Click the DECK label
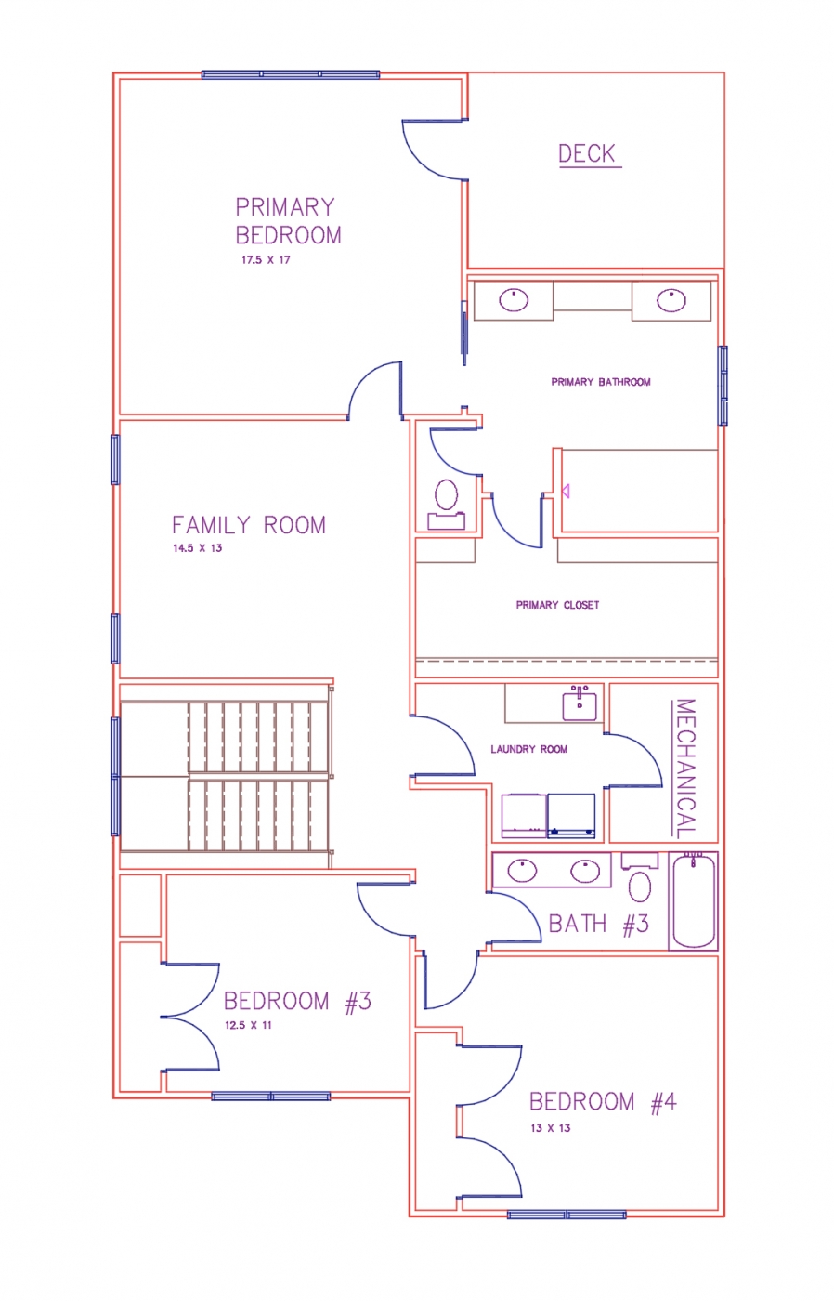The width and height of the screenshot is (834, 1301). pyautogui.click(x=586, y=154)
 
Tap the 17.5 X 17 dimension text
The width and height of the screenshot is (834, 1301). pyautogui.click(x=266, y=260)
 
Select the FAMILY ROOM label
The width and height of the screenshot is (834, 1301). pyautogui.click(x=249, y=525)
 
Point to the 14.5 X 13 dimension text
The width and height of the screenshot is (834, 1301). pyautogui.click(x=197, y=548)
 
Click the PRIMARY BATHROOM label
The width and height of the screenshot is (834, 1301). pyautogui.click(x=601, y=382)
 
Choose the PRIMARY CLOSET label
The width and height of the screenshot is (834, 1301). pyautogui.click(x=558, y=605)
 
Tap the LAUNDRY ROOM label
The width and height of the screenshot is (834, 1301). pyautogui.click(x=528, y=749)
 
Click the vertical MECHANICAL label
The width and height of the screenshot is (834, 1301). pyautogui.click(x=685, y=769)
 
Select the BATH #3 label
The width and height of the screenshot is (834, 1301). pyautogui.click(x=598, y=924)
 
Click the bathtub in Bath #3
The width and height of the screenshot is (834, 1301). pyautogui.click(x=694, y=900)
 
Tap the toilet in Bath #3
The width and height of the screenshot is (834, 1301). pyautogui.click(x=640, y=877)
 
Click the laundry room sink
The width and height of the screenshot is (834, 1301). pyautogui.click(x=580, y=703)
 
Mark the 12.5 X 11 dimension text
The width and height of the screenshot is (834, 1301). pyautogui.click(x=248, y=1025)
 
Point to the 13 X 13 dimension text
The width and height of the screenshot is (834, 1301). pyautogui.click(x=550, y=1128)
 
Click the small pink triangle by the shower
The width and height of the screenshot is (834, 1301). pyautogui.click(x=566, y=492)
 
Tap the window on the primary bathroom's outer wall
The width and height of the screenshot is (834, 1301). pyautogui.click(x=723, y=386)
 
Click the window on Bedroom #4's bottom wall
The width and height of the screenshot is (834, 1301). pyautogui.click(x=567, y=1215)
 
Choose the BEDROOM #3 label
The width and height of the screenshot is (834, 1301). pyautogui.click(x=297, y=1002)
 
